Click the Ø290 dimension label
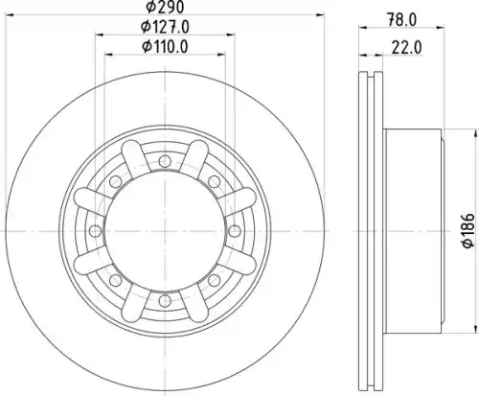(165, 7)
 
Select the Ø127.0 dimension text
(165, 27)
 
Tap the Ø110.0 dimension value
(165, 47)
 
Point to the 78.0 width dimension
(401, 20)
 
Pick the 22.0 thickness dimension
(406, 48)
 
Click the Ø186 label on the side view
(468, 230)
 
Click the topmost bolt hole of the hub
(165, 160)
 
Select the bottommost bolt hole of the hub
(165, 300)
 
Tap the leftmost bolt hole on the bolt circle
(95, 230)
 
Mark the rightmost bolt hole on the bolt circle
(235, 230)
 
